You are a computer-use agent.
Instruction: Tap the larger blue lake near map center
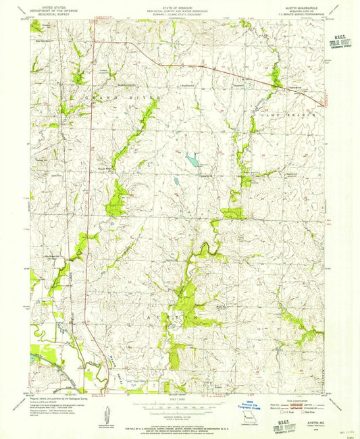(x=192, y=161)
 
